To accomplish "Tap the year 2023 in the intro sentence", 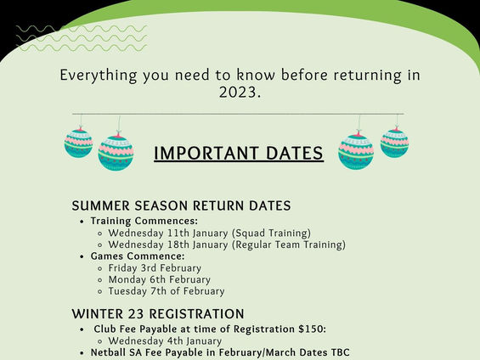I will click(239, 93).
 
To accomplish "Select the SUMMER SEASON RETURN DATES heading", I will click(181, 205).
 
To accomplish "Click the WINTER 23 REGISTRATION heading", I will click(158, 314).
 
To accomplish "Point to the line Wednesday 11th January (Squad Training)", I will click(210, 232).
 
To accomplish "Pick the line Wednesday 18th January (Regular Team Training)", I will click(227, 245).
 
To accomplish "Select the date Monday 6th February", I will click(160, 279).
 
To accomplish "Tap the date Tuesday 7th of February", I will click(167, 291).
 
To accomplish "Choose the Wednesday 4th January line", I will click(164, 340).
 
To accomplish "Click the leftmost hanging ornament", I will click(78, 142).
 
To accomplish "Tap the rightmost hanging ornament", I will click(394, 142).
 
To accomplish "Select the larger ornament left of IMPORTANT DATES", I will click(116, 152).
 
